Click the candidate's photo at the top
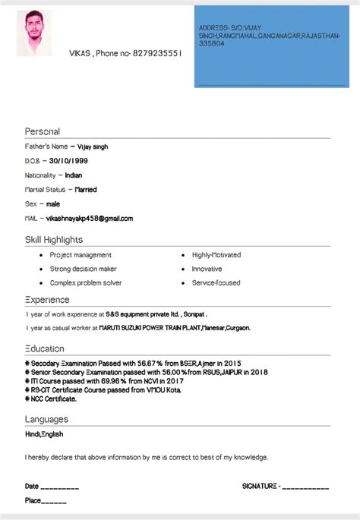tap(34, 33)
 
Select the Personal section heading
tap(42, 131)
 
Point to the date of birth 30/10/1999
tap(68, 161)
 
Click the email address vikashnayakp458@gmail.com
tap(89, 219)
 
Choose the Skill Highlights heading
tap(54, 240)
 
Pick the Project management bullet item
tap(81, 255)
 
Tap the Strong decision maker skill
tap(84, 269)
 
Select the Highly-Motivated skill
tap(216, 255)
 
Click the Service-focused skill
tap(216, 282)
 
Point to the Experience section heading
tap(47, 300)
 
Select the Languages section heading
tap(46, 419)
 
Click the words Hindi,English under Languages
tap(44, 434)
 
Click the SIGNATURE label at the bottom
tap(260, 486)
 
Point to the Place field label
tap(33, 501)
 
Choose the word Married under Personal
tap(86, 190)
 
